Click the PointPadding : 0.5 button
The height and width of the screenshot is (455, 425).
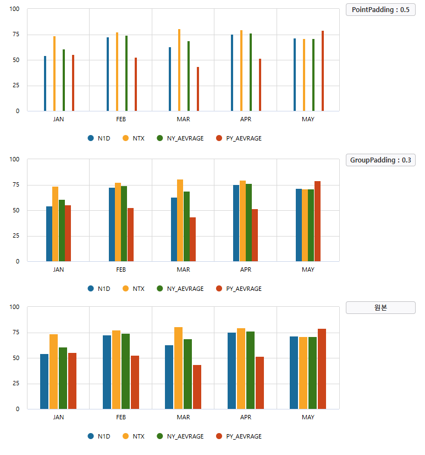[x=380, y=10]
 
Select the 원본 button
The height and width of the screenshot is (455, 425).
[x=380, y=308]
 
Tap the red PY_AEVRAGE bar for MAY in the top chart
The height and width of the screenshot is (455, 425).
[x=323, y=71]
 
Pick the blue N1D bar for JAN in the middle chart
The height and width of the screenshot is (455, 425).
[x=49, y=234]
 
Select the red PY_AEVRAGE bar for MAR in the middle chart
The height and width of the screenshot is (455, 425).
[x=193, y=239]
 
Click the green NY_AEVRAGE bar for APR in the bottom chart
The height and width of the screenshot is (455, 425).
[x=251, y=370]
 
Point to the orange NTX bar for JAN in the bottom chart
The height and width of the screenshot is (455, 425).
[x=54, y=372]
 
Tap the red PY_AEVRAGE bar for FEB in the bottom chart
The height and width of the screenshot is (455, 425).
[x=135, y=383]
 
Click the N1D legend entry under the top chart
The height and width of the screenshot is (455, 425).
[x=99, y=138]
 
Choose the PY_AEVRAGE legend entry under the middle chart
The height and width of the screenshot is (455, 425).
[x=239, y=289]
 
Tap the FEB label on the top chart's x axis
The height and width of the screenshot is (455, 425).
[x=121, y=119]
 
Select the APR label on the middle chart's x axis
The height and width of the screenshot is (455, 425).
[x=246, y=269]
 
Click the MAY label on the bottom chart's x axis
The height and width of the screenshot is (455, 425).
[x=308, y=417]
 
